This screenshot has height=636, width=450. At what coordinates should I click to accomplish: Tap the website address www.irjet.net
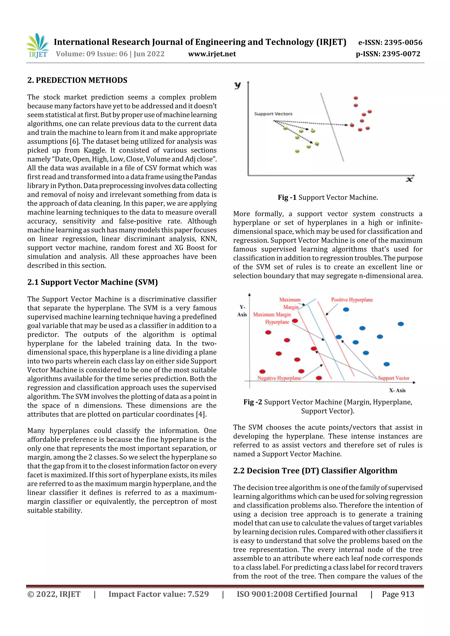[x=212, y=54]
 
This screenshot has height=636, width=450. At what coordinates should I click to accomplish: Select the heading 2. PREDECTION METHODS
[x=77, y=80]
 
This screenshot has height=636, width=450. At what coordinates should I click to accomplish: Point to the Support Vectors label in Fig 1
[x=273, y=114]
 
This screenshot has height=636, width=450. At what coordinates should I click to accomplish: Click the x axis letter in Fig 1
[x=409, y=180]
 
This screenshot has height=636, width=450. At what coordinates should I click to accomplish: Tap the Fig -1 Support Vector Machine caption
[x=328, y=198]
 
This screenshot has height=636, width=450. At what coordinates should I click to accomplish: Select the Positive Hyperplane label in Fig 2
[x=352, y=300]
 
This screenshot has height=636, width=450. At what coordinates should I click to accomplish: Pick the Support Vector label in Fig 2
[x=394, y=378]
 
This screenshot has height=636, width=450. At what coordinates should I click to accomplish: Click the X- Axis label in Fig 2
[x=397, y=390]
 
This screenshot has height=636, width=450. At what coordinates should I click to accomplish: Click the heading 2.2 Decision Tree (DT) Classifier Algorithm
[x=315, y=471]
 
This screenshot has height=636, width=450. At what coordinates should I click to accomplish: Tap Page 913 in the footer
[x=398, y=594]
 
